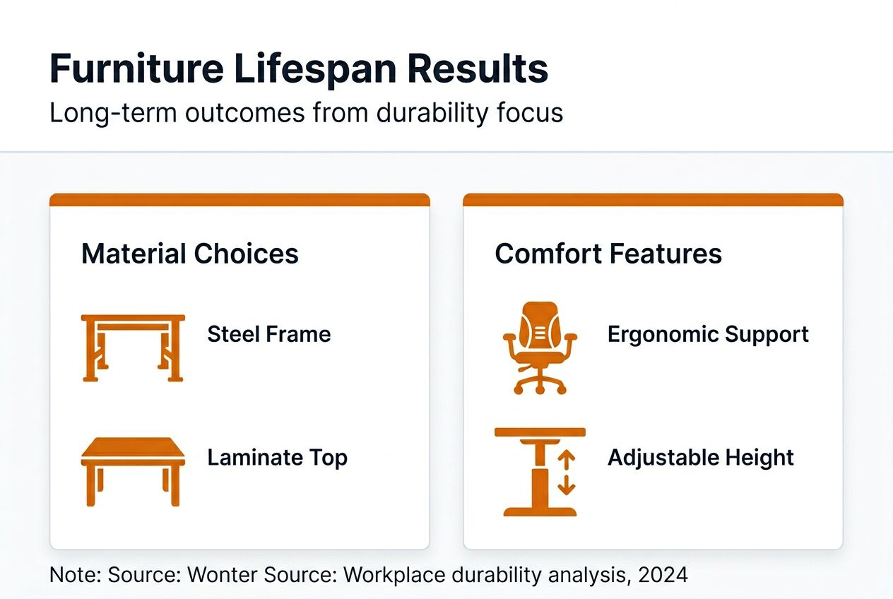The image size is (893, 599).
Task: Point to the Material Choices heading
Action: (189, 254)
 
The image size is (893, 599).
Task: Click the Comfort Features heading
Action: (608, 254)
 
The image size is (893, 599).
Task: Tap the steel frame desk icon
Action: (133, 348)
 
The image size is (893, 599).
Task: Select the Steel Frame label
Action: (268, 334)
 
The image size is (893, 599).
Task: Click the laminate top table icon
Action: (133, 470)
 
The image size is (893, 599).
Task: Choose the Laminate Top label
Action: (277, 458)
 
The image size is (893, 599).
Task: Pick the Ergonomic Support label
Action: (708, 334)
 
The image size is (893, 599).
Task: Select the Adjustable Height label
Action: (701, 458)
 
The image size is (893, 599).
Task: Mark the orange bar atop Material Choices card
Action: (239, 200)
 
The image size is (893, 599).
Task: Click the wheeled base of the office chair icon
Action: (540, 384)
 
